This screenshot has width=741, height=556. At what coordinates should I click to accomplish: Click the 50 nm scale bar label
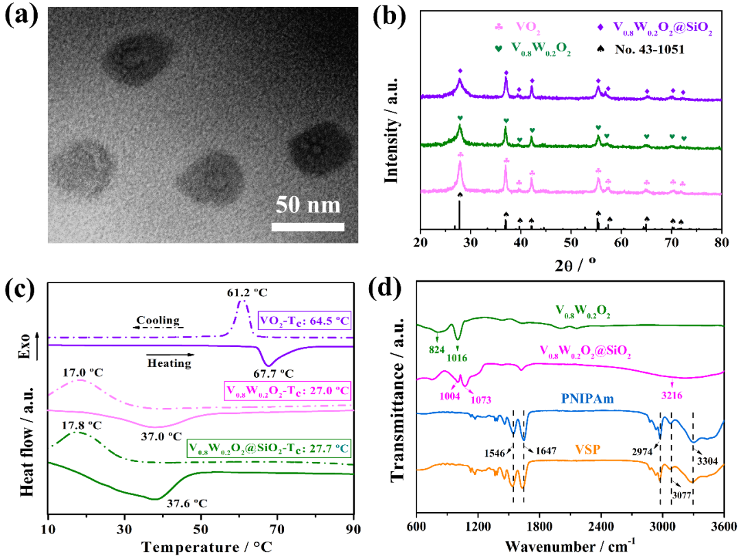308,205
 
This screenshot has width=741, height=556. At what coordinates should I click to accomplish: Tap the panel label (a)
21,16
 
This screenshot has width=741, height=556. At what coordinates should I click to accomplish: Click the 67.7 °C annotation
274,374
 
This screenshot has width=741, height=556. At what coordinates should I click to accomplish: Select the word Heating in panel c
169,363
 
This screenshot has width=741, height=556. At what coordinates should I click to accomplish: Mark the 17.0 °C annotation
82,374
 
